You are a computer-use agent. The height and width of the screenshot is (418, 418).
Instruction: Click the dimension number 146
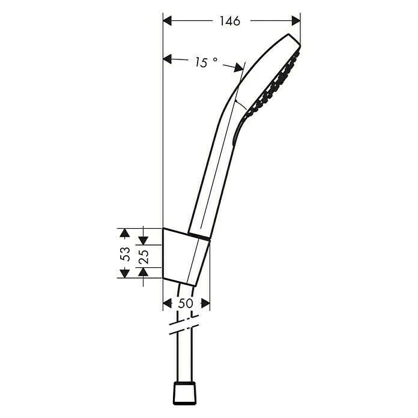point(229,22)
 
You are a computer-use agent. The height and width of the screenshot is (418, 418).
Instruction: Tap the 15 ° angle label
point(205,62)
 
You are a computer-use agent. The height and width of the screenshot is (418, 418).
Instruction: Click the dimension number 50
point(186,303)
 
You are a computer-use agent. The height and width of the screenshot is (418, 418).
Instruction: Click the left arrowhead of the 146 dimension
point(168,21)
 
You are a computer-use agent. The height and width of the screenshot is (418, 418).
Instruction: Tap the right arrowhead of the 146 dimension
point(295,21)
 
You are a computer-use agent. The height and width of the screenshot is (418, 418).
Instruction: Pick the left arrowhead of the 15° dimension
point(168,59)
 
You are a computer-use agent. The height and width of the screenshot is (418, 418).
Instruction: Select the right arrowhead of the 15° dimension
point(239,70)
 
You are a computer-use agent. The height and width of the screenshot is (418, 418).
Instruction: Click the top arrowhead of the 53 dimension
point(124,232)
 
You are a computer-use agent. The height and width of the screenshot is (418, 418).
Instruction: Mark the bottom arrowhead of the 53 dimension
point(124,273)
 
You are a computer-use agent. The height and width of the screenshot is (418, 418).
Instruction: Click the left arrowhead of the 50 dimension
point(168,303)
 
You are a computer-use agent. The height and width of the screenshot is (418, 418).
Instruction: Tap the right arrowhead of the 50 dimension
point(205,303)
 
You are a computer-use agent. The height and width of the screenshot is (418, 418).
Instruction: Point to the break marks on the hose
point(184,327)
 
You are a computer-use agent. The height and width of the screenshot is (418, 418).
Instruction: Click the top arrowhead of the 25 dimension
point(143,240)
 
